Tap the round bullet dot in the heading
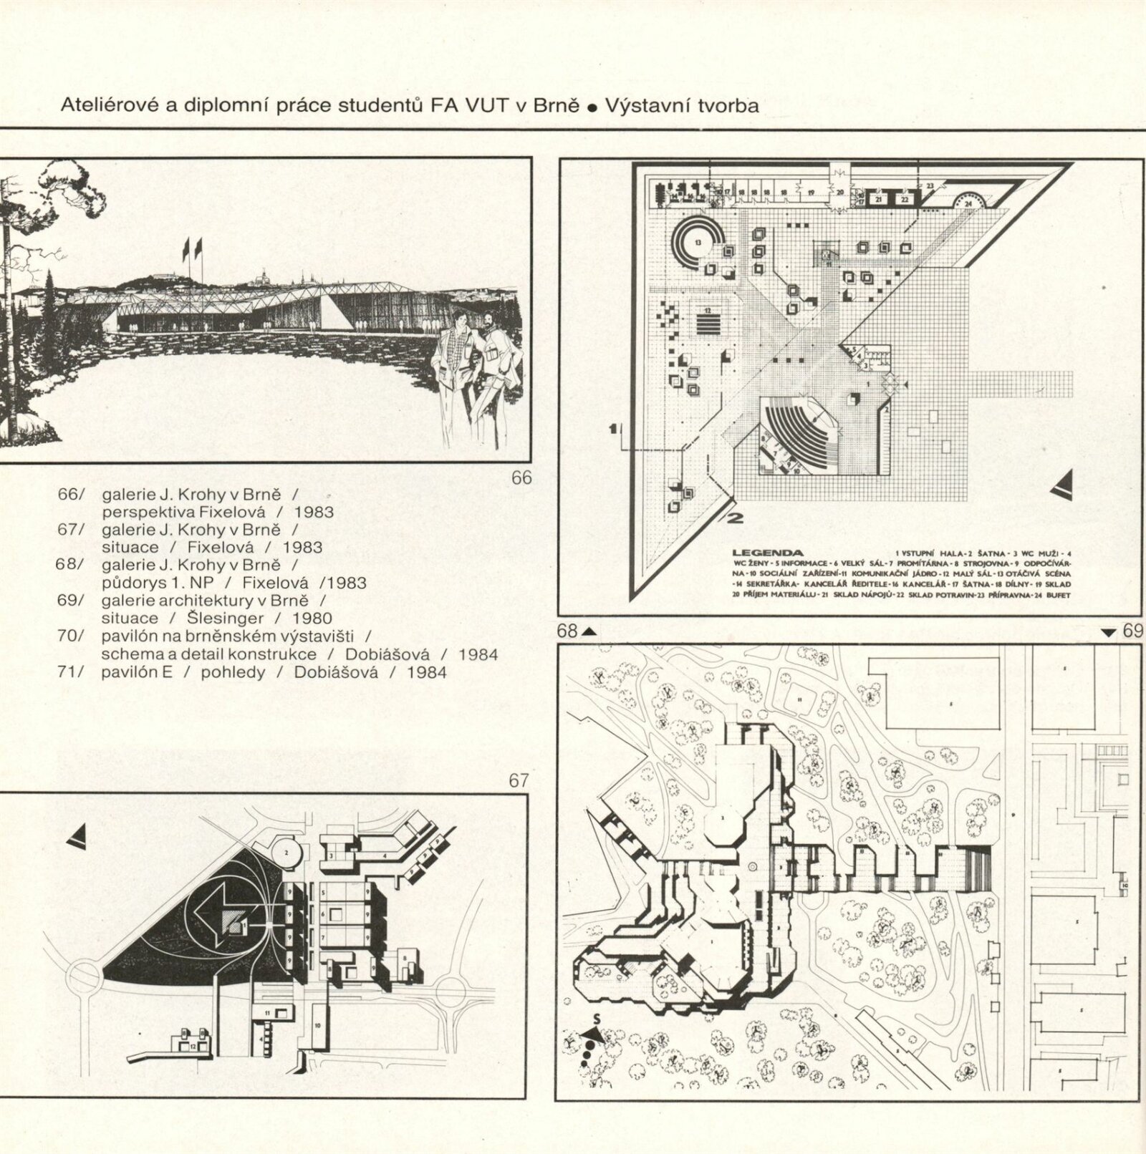click(592, 109)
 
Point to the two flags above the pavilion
click(192, 248)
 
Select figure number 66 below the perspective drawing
click(521, 477)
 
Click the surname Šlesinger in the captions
click(226, 619)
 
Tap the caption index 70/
click(71, 636)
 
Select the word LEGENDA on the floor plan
click(767, 553)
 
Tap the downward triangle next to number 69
click(1109, 631)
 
